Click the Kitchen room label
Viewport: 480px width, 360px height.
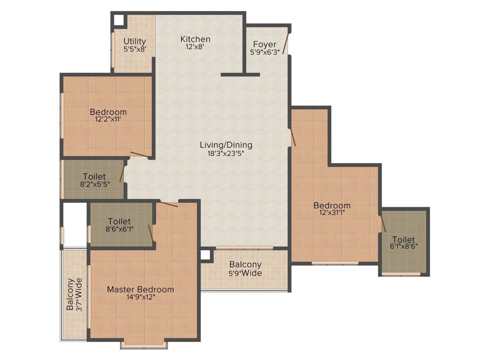pos(195,39)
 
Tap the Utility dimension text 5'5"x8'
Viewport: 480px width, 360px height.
pos(135,49)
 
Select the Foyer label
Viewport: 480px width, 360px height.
pos(265,45)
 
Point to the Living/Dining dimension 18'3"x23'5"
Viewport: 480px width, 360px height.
pos(226,153)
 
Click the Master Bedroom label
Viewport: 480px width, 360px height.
pos(140,289)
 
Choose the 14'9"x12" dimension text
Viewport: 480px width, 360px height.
pos(140,297)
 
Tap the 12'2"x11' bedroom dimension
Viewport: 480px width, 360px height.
pos(108,120)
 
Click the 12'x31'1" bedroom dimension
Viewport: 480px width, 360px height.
pos(332,213)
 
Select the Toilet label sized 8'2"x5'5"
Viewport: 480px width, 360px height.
pos(94,177)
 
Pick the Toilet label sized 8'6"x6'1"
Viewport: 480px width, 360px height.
pos(119,221)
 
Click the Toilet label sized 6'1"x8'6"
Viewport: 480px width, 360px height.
pos(404,239)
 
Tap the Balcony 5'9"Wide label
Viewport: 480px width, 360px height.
pos(245,264)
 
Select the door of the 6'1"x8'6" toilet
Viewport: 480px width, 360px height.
pos(382,224)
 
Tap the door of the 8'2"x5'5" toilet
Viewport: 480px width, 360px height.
pos(122,172)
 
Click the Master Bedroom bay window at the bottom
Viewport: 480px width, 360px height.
pos(144,345)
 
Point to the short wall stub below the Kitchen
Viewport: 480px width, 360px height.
pos(240,75)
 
